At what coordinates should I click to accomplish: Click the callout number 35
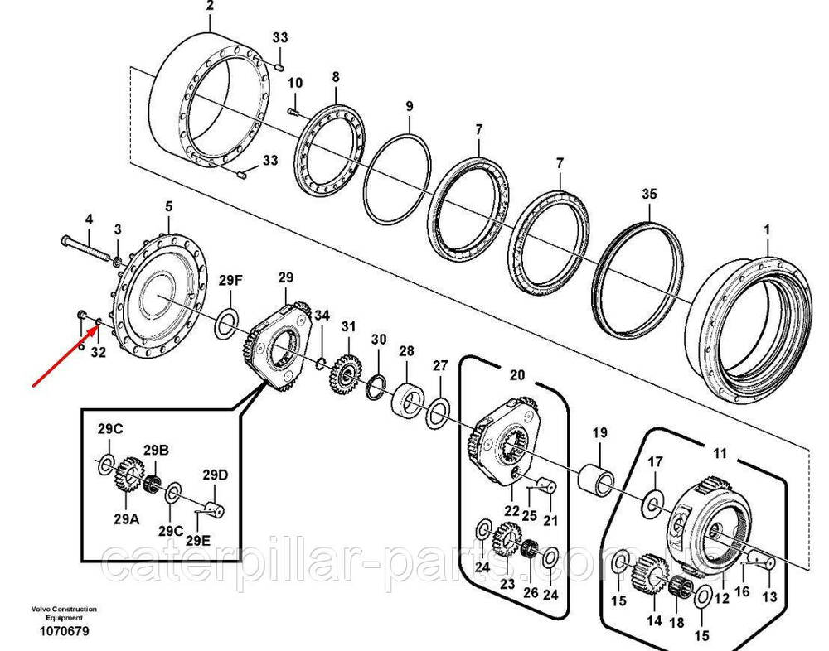coord(649,195)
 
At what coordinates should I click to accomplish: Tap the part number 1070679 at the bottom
coord(65,631)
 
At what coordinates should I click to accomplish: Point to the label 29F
coord(230,281)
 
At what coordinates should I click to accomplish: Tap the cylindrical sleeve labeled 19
coord(599,478)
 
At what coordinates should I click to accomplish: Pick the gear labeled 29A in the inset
coord(125,480)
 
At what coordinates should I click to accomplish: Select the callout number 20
coord(517,375)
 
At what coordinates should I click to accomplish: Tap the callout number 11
coord(720,453)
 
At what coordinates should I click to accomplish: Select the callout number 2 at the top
coord(210,6)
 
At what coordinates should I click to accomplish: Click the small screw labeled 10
coord(294,111)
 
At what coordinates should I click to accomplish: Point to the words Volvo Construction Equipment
coord(64,613)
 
